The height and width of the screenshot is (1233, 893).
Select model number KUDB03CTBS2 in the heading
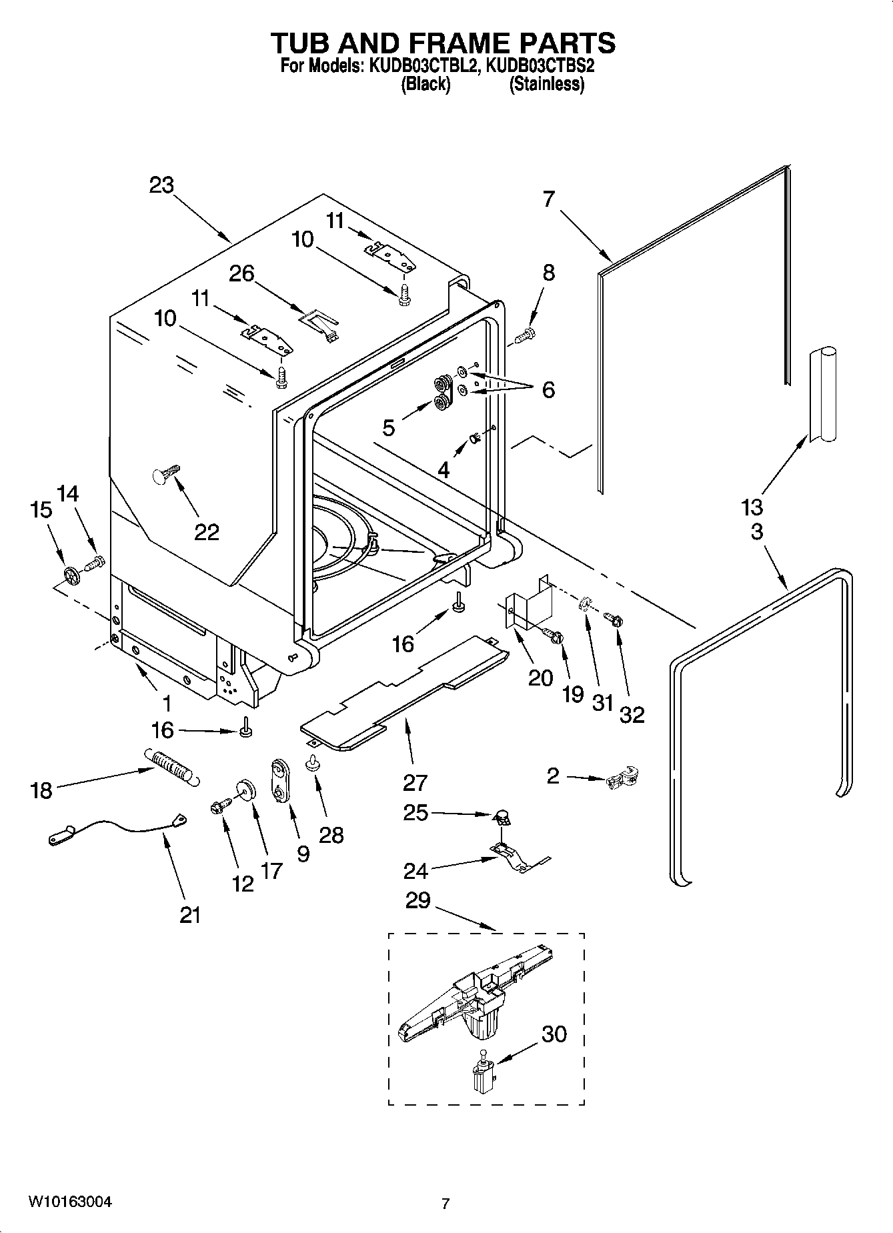pyautogui.click(x=540, y=66)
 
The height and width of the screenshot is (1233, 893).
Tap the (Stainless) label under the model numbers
pyautogui.click(x=546, y=85)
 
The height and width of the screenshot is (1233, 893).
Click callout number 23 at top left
pyautogui.click(x=161, y=185)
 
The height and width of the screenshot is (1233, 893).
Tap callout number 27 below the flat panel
pyautogui.click(x=415, y=782)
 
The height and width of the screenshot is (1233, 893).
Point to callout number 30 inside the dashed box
pyautogui.click(x=554, y=1034)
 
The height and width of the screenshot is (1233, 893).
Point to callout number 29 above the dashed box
pyautogui.click(x=418, y=900)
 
